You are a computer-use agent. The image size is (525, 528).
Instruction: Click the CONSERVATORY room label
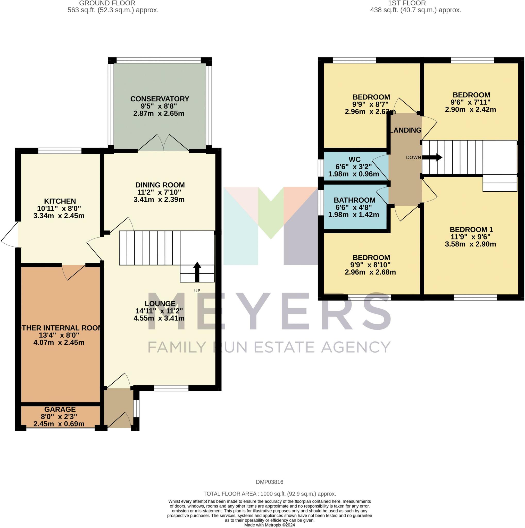coord(160,99)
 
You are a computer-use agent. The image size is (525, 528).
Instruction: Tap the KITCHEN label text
coord(60,201)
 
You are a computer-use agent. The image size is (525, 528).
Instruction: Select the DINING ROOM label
coord(160,185)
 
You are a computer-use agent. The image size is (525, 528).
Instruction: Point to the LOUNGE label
coord(160,304)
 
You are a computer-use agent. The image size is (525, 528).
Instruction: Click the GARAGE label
coord(60,409)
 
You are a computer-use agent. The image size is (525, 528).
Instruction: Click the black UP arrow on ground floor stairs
coord(197,272)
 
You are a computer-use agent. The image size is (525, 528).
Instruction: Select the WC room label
coord(354,159)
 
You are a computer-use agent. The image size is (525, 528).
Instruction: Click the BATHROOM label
coord(354,200)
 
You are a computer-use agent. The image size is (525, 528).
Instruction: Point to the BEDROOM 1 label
coord(471,229)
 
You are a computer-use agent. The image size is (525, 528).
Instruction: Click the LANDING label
coord(406,130)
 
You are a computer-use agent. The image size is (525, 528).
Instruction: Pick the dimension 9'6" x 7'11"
coord(470,102)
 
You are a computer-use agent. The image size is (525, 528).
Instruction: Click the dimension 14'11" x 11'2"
coord(159,311)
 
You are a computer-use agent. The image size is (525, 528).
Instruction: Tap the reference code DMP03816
coord(269,482)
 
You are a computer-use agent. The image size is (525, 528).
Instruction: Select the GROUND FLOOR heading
coord(107,3)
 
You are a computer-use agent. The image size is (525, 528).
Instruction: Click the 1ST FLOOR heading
coord(407,3)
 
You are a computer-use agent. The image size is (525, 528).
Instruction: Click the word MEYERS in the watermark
coord(269,311)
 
